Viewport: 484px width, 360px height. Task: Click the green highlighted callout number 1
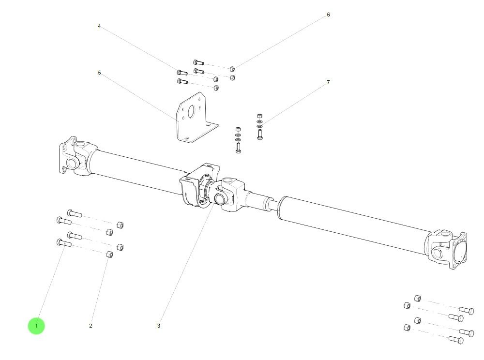coord(36,326)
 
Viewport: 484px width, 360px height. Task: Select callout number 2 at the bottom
coord(91,326)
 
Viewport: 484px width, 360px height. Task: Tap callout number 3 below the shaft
coord(158,326)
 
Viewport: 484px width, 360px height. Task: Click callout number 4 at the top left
coord(99,26)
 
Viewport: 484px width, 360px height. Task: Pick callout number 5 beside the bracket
coord(99,73)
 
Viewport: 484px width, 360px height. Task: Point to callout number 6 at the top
coord(328,15)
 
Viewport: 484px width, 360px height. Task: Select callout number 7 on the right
coord(328,82)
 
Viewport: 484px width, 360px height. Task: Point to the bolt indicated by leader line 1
coord(63,243)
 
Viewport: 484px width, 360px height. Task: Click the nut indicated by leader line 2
coord(109,255)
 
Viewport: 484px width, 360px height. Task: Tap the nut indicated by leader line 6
coord(232,69)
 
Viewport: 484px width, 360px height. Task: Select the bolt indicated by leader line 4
coord(182,73)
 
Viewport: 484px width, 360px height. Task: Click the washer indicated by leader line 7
coord(260,121)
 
